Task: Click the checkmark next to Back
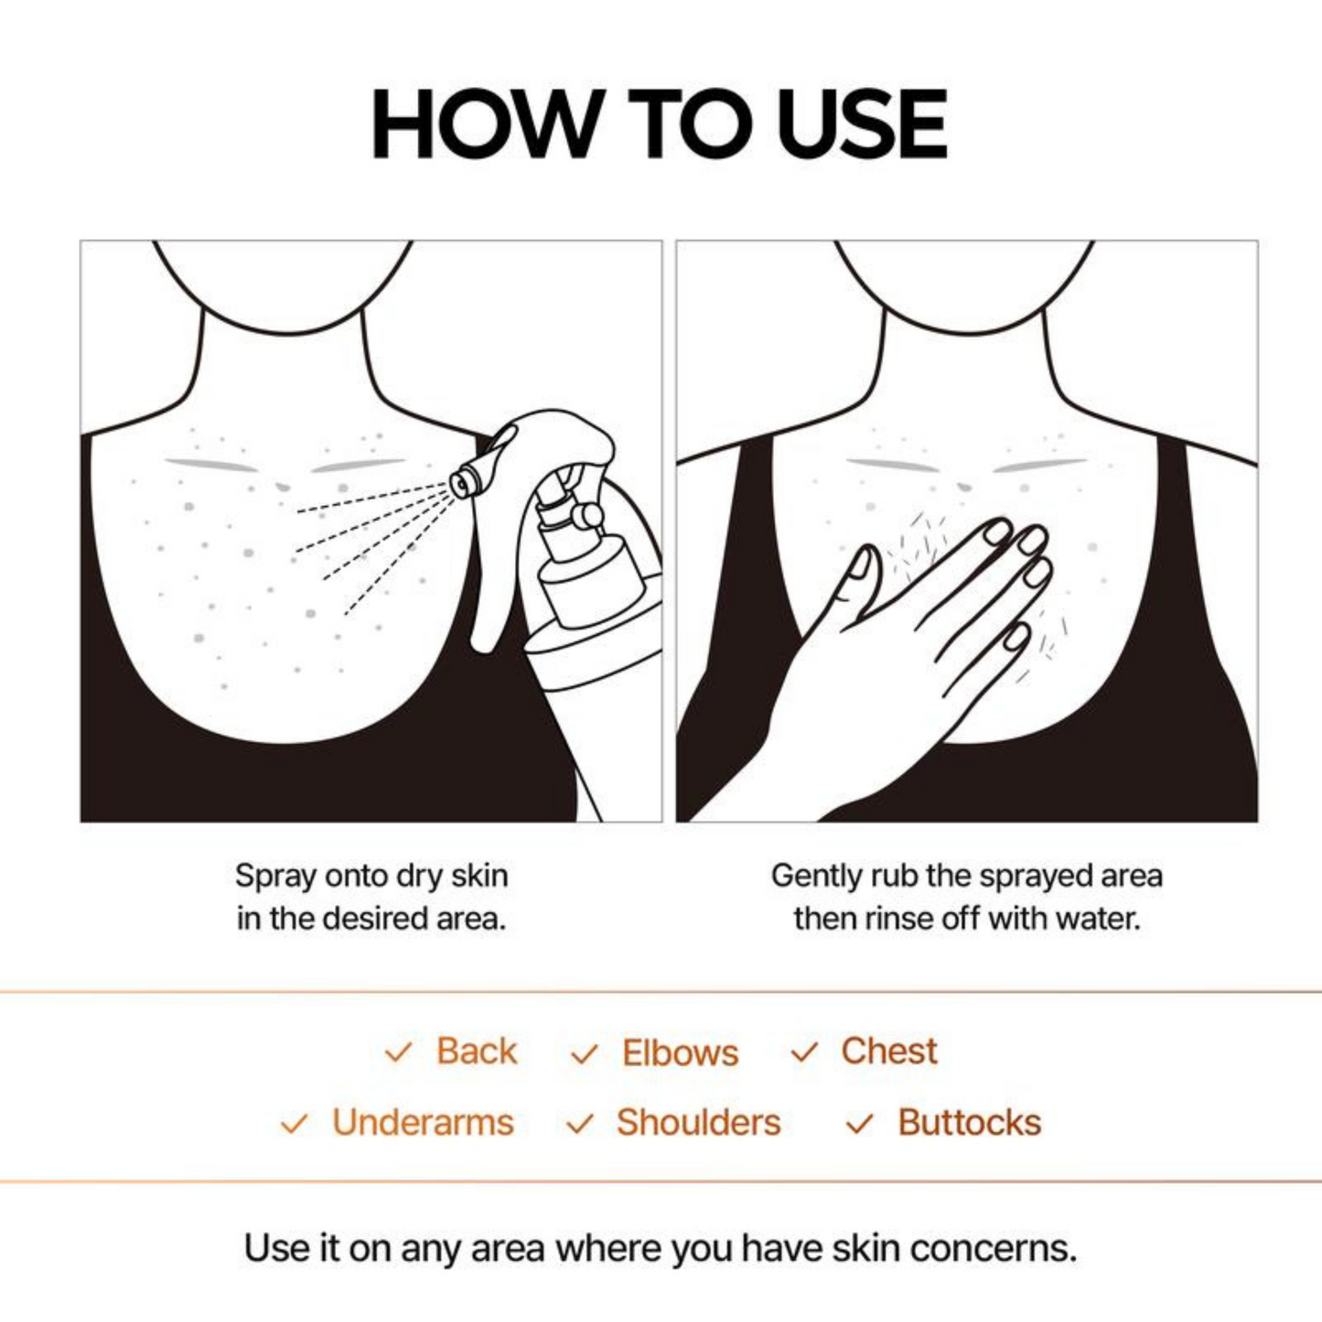click(398, 1052)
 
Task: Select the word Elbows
click(680, 1053)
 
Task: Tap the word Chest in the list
click(888, 1051)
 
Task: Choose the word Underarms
click(423, 1123)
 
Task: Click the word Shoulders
click(698, 1123)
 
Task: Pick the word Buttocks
click(969, 1123)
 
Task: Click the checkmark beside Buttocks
click(859, 1123)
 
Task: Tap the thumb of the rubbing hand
click(858, 572)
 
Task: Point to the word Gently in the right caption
click(817, 876)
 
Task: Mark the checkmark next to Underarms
click(294, 1123)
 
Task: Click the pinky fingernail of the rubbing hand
click(1016, 636)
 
